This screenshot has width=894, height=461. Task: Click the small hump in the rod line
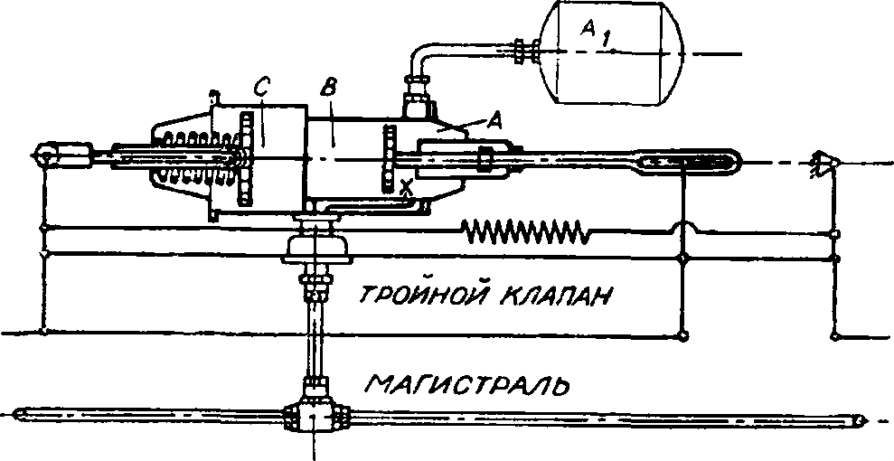684,228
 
